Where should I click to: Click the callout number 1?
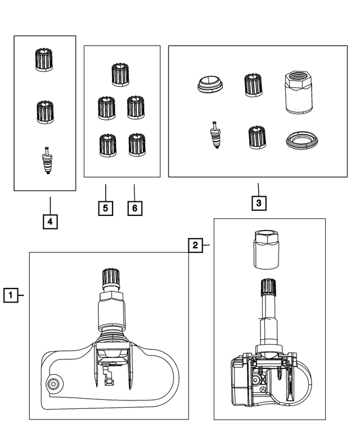pos(10,295)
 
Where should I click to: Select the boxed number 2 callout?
pos(195,245)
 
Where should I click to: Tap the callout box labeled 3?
pos(258,203)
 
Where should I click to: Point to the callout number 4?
pos(50,222)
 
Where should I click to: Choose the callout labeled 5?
pos(105,208)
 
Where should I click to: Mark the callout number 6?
pos(134,208)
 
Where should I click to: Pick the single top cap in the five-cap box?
pos(120,75)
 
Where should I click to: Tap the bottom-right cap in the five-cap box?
pos(137,145)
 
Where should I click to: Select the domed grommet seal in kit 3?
pos(209,85)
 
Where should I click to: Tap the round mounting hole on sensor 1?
pos(53,384)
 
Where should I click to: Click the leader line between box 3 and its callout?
pos(258,188)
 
